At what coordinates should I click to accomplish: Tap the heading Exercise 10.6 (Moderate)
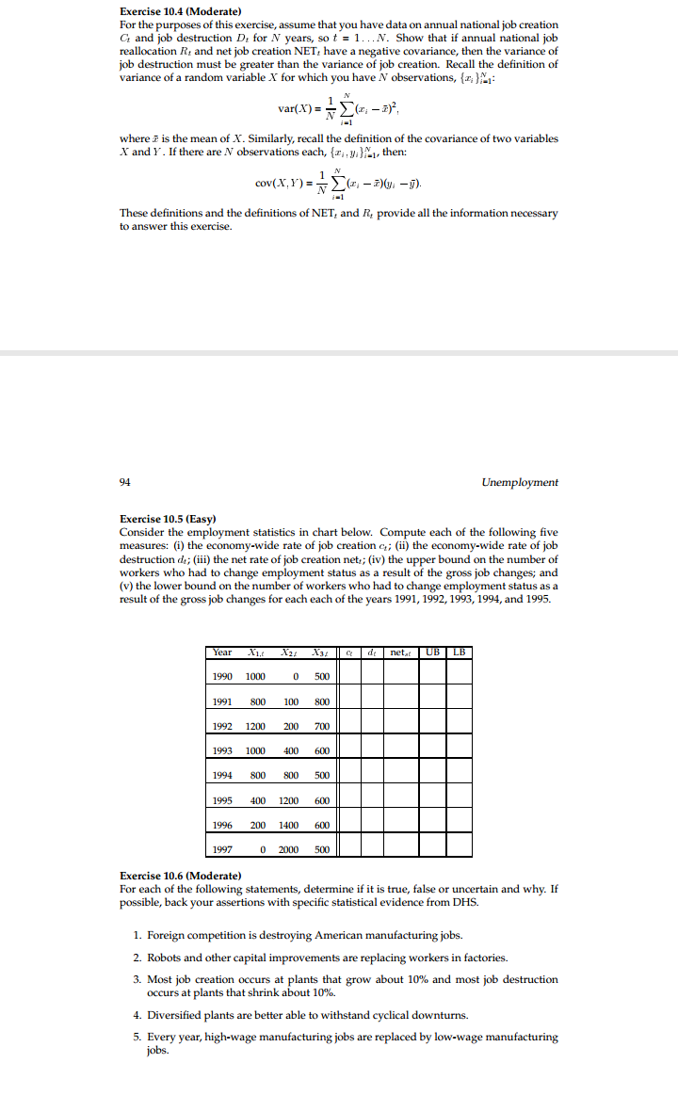pyautogui.click(x=181, y=876)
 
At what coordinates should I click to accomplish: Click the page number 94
pyautogui.click(x=125, y=482)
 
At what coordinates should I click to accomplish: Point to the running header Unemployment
pyautogui.click(x=519, y=482)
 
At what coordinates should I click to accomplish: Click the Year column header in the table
pyautogui.click(x=222, y=652)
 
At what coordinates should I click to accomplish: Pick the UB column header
pyautogui.click(x=432, y=652)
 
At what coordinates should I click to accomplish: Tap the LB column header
pyautogui.click(x=459, y=652)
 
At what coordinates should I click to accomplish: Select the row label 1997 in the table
pyautogui.click(x=222, y=848)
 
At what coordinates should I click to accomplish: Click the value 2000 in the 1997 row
pyautogui.click(x=287, y=848)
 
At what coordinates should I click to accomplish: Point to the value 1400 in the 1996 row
pyautogui.click(x=287, y=824)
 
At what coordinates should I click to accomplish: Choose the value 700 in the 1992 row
pyautogui.click(x=321, y=726)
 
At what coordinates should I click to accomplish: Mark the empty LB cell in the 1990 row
pyautogui.click(x=459, y=676)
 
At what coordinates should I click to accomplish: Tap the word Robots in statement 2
pyautogui.click(x=165, y=958)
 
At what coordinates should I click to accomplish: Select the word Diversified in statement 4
pyautogui.click(x=174, y=1015)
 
